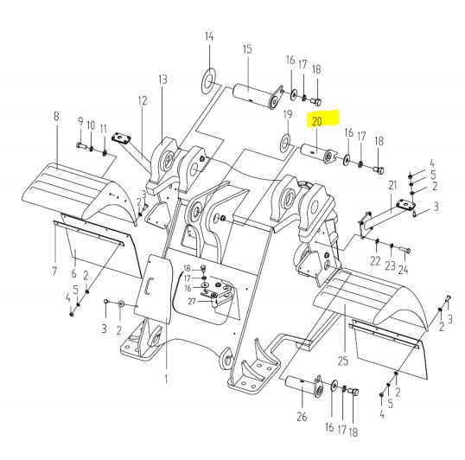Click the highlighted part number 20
[316, 121]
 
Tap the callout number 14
[209, 36]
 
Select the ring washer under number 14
[209, 80]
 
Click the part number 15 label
[247, 49]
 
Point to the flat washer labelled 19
[286, 142]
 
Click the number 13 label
[162, 80]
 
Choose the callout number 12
[143, 101]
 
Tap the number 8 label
[56, 116]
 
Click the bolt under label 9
[81, 145]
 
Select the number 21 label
[392, 186]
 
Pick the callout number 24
[404, 270]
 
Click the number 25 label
[343, 361]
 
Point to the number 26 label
[302, 417]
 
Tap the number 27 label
[192, 301]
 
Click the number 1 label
[166, 379]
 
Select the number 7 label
[54, 272]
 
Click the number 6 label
[73, 273]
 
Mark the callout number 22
[375, 261]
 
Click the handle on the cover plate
[148, 286]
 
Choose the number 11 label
[104, 129]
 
